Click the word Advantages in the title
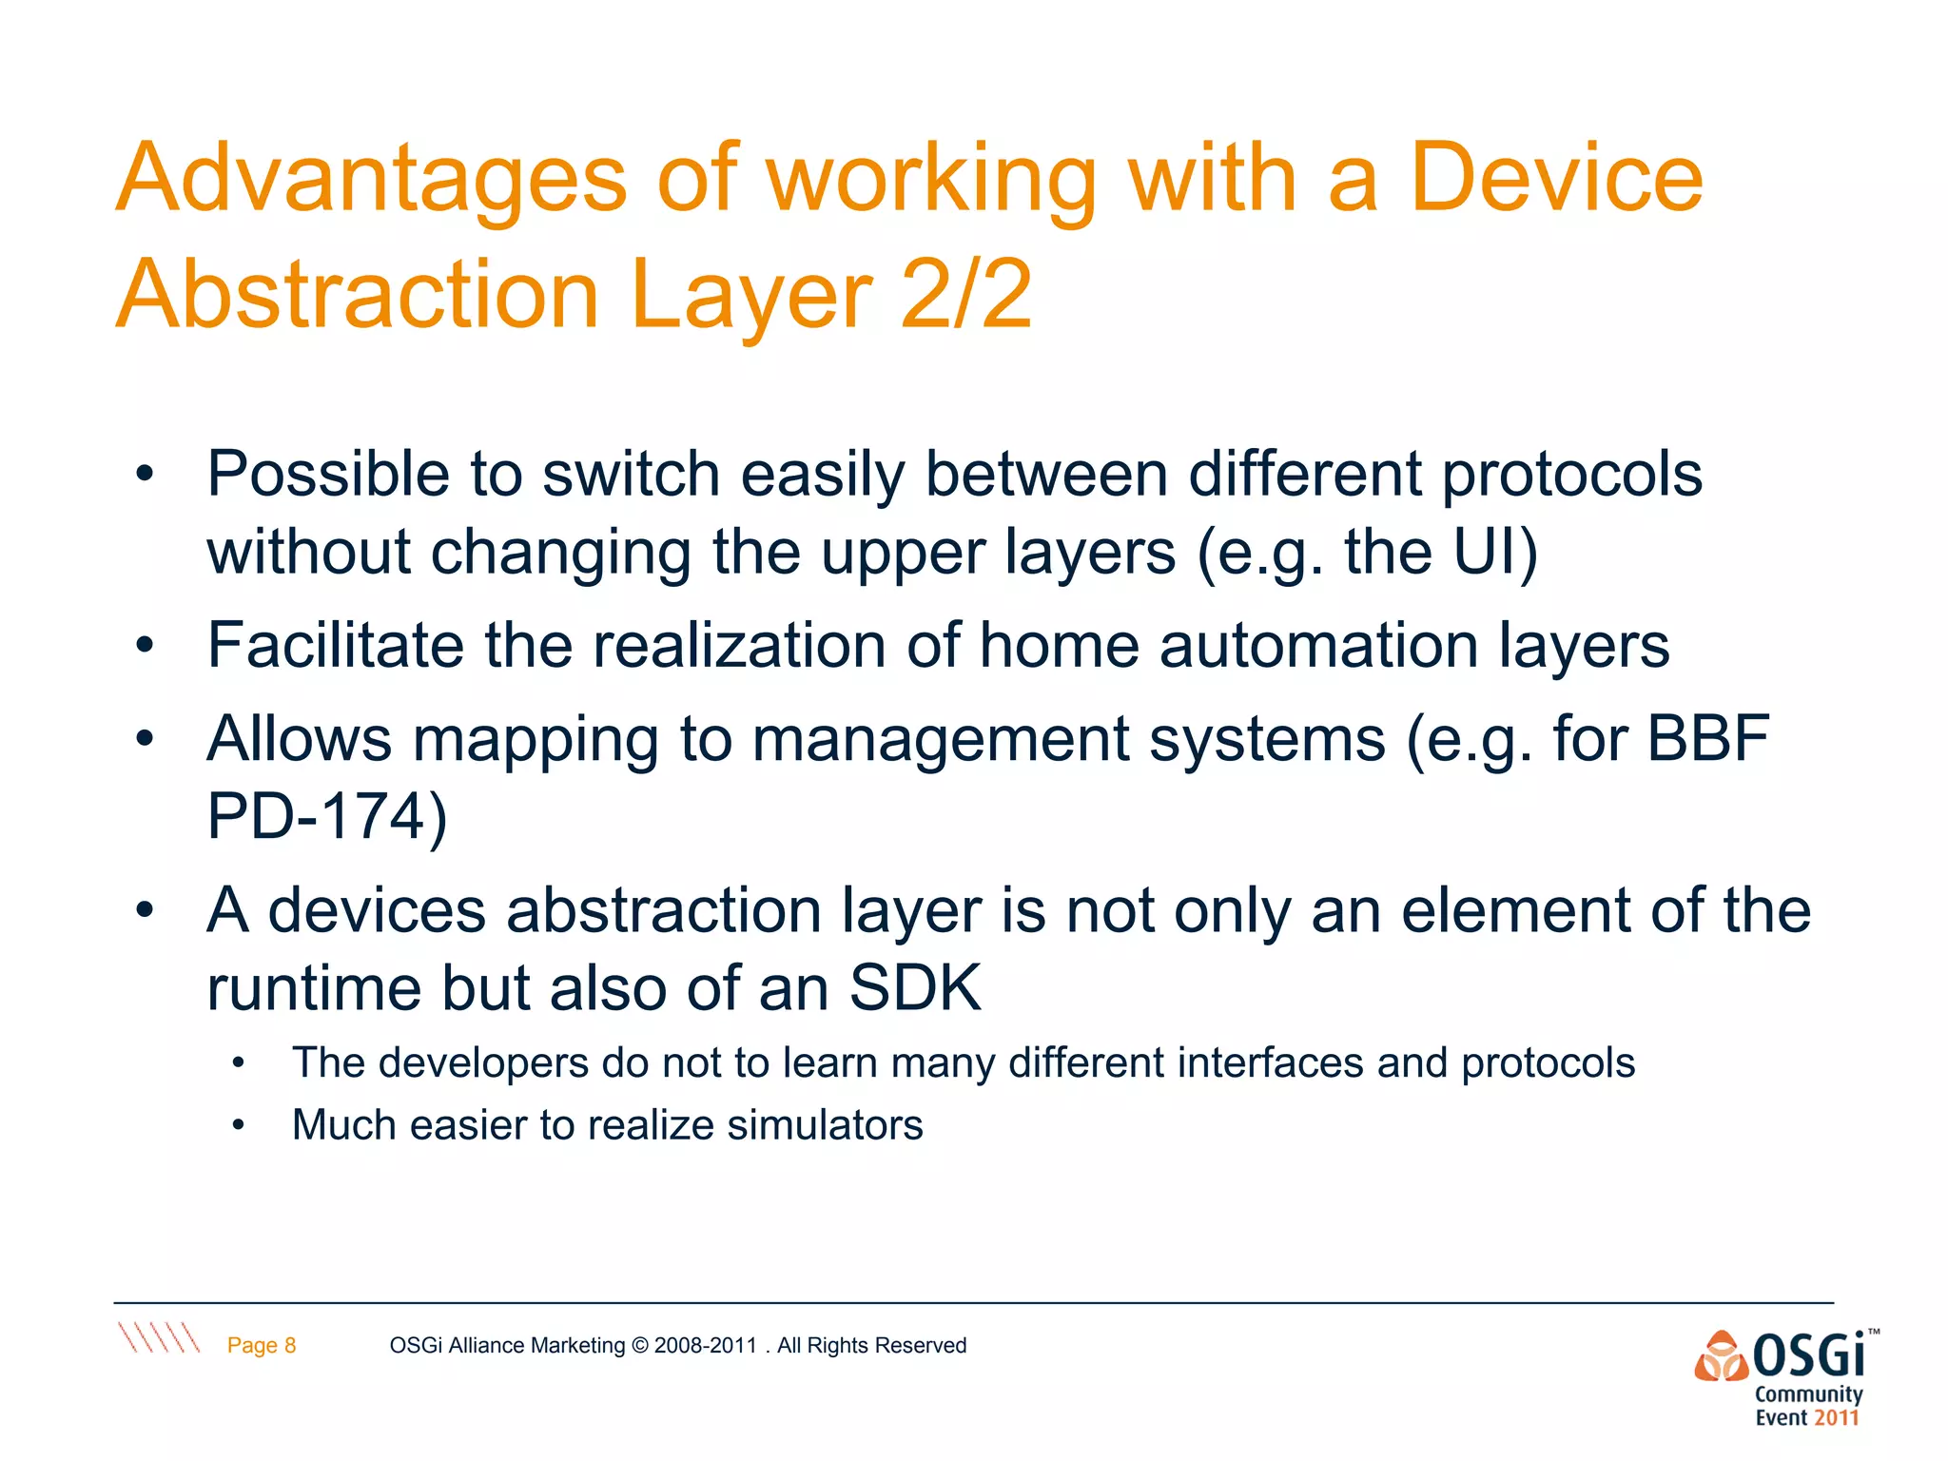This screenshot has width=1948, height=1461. click(371, 181)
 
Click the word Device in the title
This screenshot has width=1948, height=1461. click(1556, 179)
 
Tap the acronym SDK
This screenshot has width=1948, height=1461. click(914, 988)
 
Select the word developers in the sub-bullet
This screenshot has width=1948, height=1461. click(483, 1063)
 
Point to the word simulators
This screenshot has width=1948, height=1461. click(825, 1125)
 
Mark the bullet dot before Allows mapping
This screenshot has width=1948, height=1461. click(145, 739)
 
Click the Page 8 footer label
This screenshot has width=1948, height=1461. click(262, 1345)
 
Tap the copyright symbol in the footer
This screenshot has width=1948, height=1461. click(639, 1345)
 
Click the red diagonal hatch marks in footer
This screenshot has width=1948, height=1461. click(158, 1337)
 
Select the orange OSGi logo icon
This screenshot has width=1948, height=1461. click(1721, 1355)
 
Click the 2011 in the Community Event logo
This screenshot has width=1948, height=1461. click(1835, 1418)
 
